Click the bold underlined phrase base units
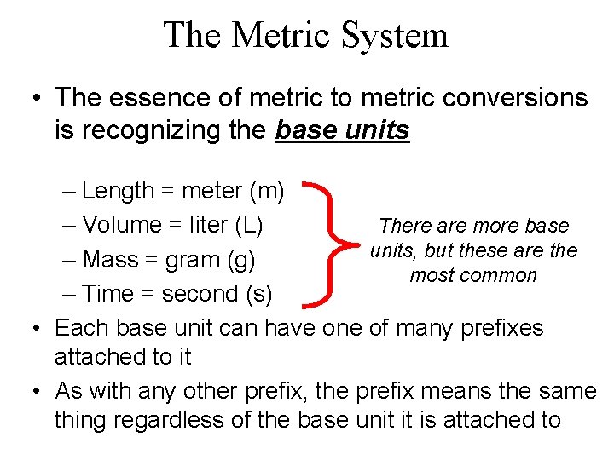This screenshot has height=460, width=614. (342, 131)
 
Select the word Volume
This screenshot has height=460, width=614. (125, 225)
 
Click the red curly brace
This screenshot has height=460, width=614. (329, 242)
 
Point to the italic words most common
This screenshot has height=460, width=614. (473, 276)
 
